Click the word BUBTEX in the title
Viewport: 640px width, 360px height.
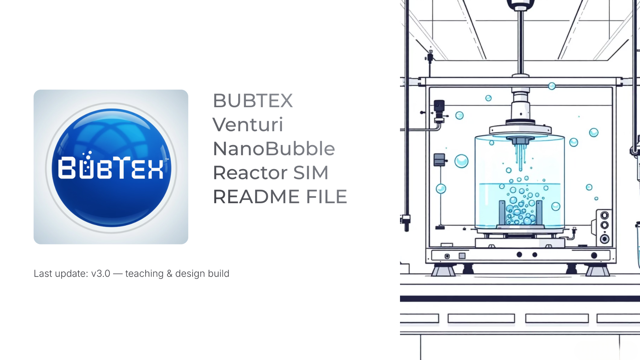253,101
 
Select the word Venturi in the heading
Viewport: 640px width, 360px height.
248,125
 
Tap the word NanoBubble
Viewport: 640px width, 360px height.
274,148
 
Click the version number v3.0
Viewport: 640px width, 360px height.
101,273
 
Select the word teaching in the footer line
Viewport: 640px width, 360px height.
144,273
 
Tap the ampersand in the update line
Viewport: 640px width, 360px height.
170,273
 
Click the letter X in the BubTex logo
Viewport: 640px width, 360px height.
156,168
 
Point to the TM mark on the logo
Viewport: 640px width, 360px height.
167,159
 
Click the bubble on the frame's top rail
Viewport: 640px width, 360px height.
552,86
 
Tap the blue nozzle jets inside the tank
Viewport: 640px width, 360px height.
521,156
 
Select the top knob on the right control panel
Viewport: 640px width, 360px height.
605,215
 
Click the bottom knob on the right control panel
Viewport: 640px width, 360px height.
605,239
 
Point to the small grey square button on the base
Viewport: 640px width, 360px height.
462,256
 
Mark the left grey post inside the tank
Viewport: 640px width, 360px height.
502,212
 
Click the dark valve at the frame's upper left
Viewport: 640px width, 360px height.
439,106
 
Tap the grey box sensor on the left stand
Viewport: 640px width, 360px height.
439,160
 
